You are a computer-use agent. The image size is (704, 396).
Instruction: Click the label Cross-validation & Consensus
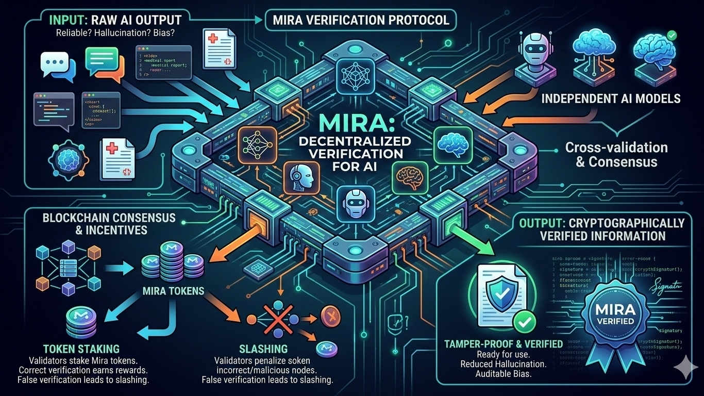[616, 154]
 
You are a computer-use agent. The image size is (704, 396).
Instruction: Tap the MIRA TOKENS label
[173, 291]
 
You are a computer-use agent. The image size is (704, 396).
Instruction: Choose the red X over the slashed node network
[273, 317]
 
